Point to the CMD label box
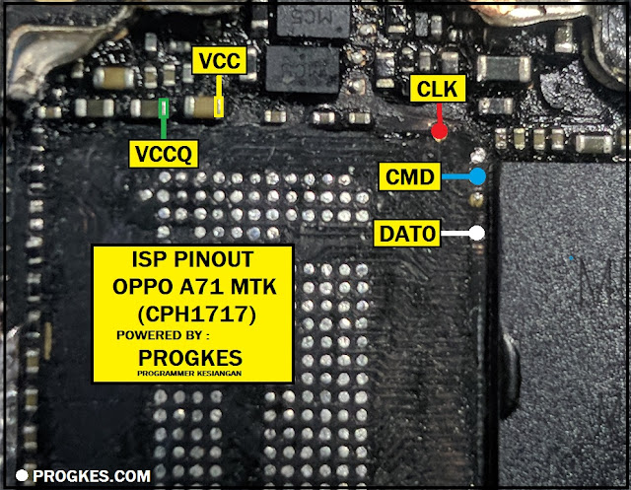point(408,178)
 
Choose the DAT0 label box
point(405,235)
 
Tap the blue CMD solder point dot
point(477,177)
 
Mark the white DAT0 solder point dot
point(477,234)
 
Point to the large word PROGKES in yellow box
point(192,354)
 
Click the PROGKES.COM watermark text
point(92,476)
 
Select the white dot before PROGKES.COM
point(21,476)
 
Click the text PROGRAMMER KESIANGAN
point(192,373)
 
